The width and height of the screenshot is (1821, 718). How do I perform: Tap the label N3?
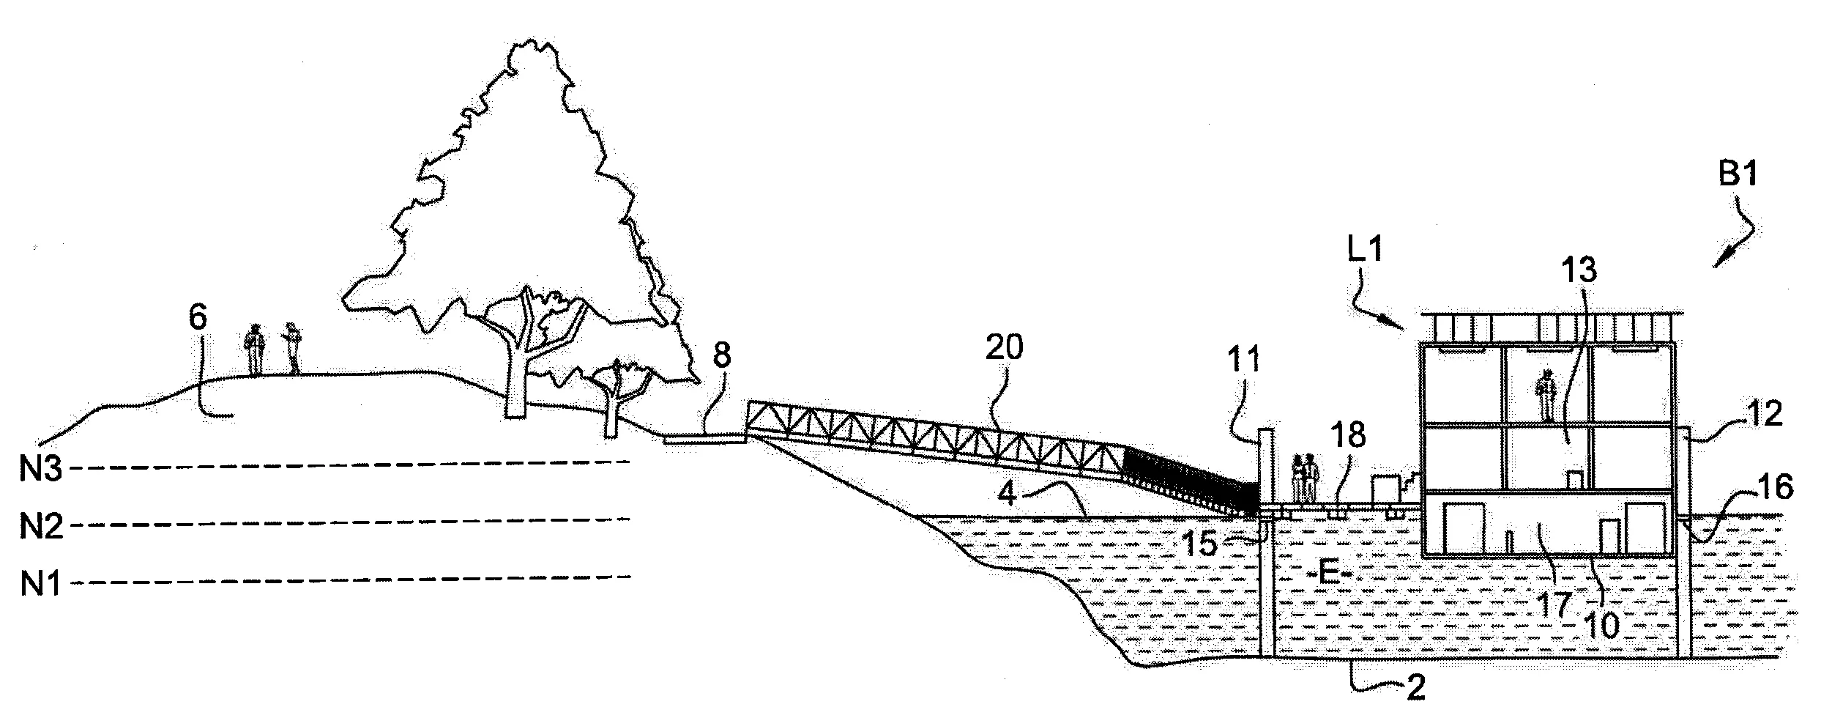point(40,469)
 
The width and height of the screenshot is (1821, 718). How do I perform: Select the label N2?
point(40,526)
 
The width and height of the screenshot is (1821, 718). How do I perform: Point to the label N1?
point(40,585)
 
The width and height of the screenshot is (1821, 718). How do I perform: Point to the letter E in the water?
point(1327,572)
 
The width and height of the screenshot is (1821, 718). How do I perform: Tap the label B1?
point(1737,176)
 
